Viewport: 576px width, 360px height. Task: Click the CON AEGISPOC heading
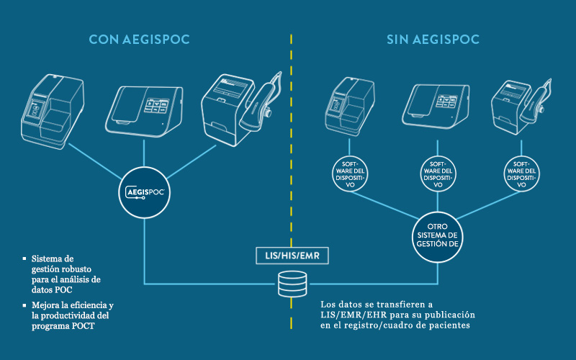139,40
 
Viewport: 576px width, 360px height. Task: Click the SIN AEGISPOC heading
433,40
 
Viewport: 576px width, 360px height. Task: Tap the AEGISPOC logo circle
144,193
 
